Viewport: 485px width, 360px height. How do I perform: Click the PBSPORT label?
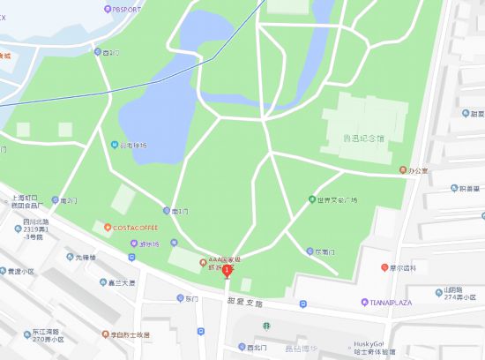click(125, 9)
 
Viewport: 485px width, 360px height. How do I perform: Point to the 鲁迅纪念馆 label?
click(363, 138)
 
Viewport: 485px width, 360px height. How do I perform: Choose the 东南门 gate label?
click(324, 251)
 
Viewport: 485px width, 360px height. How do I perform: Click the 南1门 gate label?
click(180, 211)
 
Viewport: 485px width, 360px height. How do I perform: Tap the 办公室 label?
click(415, 169)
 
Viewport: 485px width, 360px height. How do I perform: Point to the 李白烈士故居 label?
click(129, 335)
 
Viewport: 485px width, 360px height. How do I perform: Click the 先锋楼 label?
click(84, 258)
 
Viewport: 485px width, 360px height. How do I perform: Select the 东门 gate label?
click(191, 299)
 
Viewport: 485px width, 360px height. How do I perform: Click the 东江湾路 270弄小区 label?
click(42, 335)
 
